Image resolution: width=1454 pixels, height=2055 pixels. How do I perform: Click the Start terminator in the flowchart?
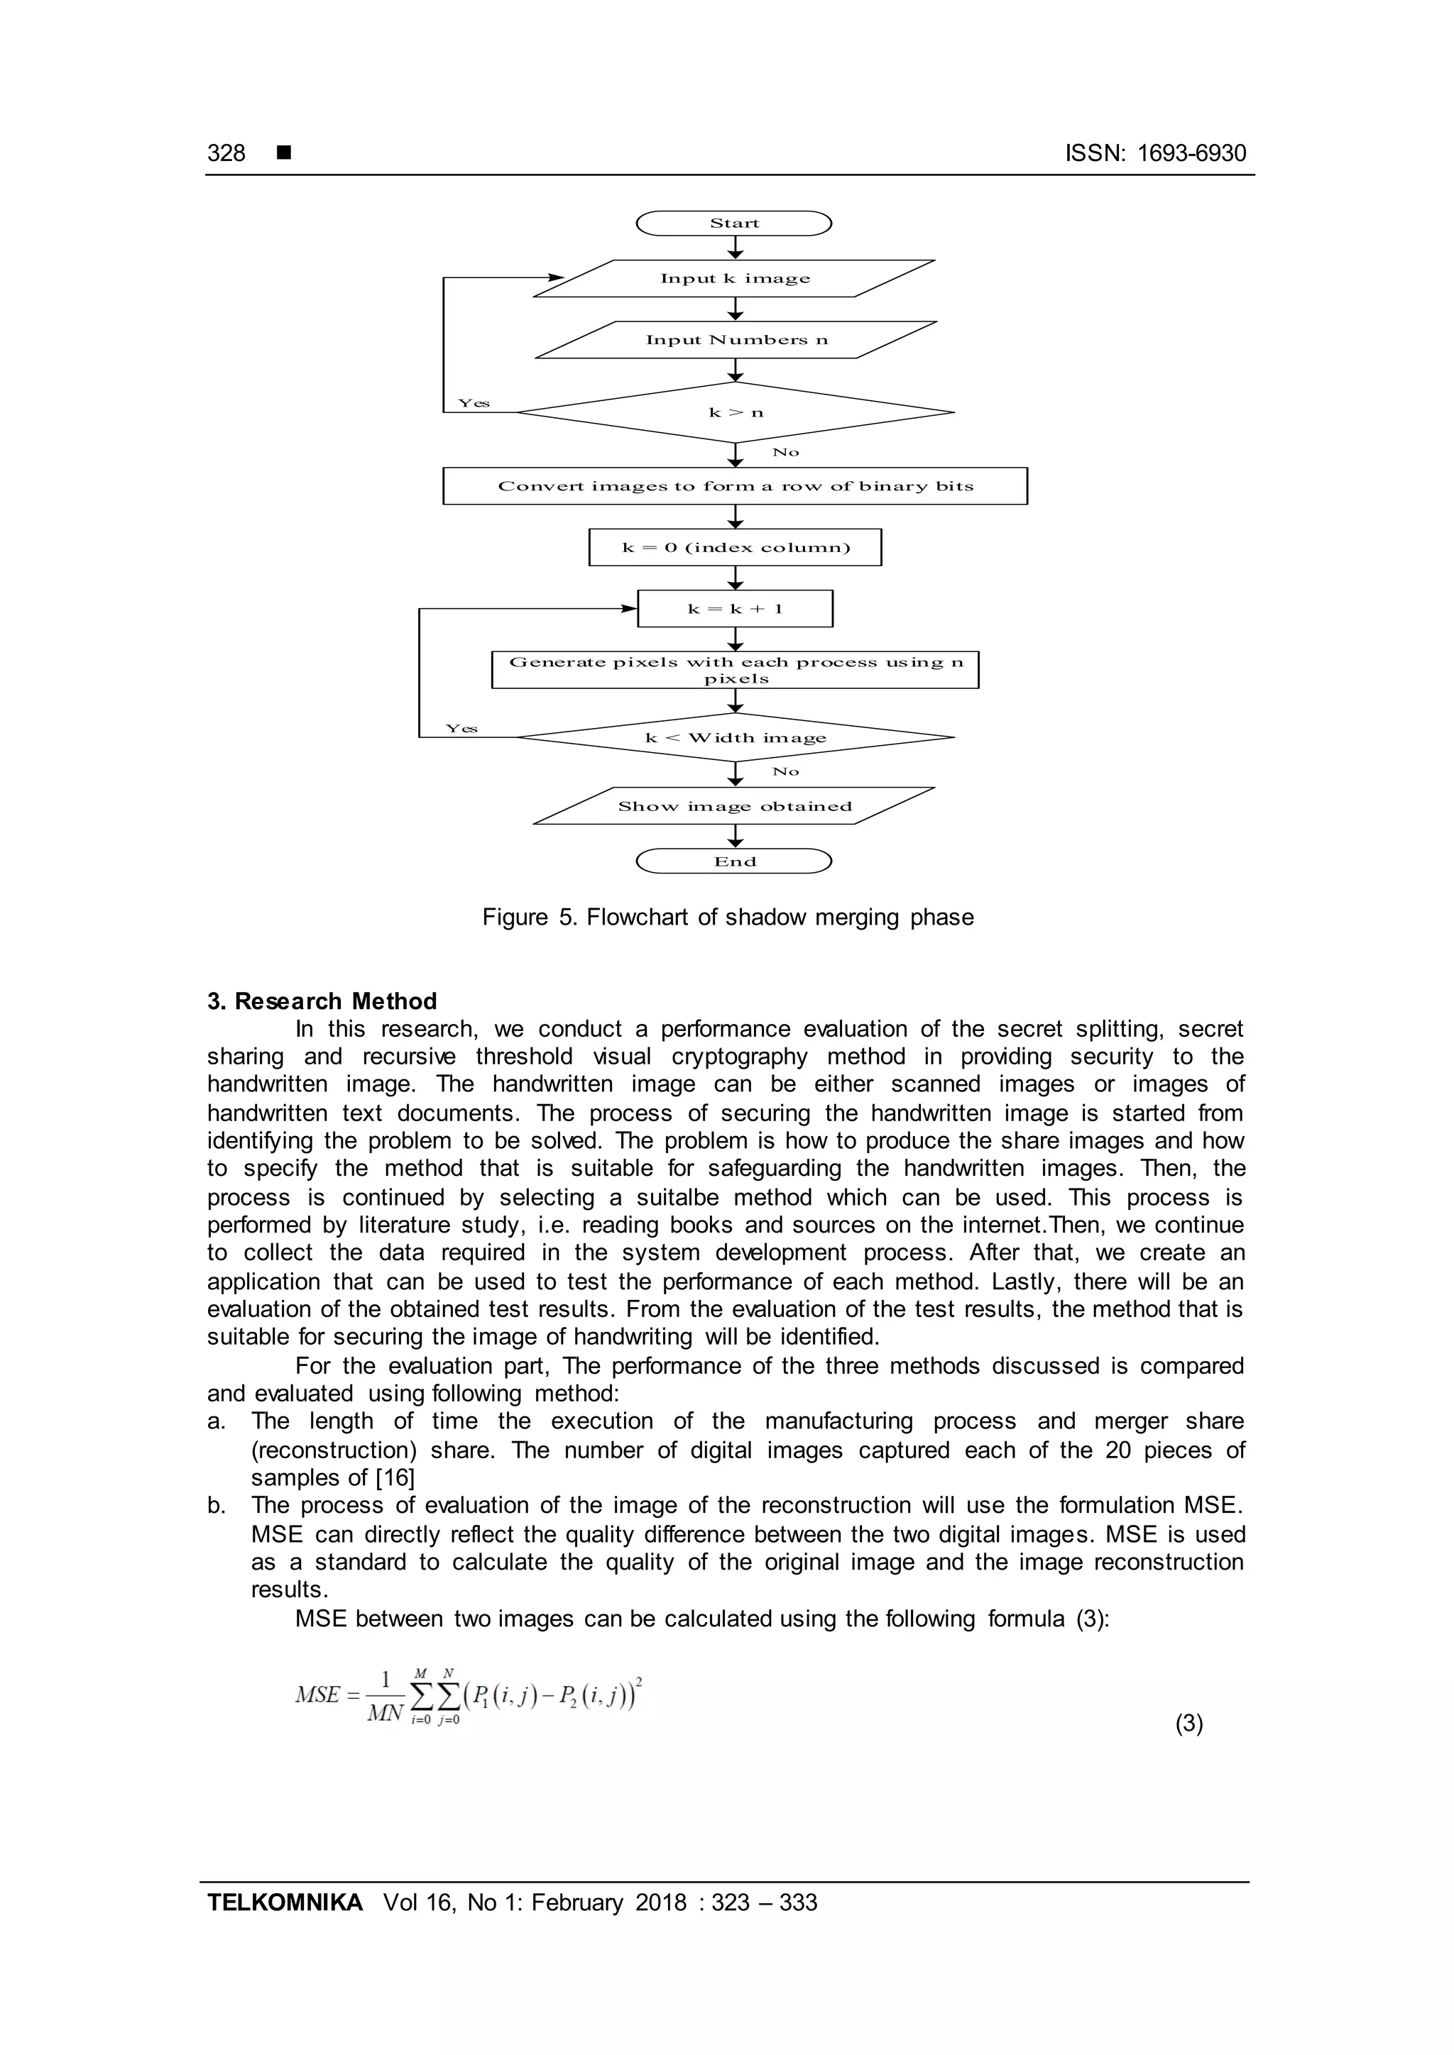click(x=733, y=223)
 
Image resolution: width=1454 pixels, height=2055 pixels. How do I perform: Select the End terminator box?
click(x=733, y=861)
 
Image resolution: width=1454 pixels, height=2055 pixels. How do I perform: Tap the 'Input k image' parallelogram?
click(x=734, y=278)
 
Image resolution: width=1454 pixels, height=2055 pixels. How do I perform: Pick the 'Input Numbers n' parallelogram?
click(x=736, y=340)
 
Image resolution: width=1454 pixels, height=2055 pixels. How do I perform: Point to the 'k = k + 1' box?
click(x=735, y=609)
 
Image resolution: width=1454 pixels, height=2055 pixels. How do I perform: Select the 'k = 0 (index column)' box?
click(x=735, y=548)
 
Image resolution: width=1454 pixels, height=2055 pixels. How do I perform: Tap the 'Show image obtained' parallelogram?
click(x=734, y=805)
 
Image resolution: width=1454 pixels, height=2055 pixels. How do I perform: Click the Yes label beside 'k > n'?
click(x=474, y=403)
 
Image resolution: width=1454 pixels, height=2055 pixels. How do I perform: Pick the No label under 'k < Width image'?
click(x=785, y=771)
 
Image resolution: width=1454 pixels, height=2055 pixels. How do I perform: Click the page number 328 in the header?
click(x=226, y=153)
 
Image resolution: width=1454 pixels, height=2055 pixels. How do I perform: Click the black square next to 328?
click(x=284, y=153)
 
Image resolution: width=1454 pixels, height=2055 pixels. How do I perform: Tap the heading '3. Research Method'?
click(x=322, y=1001)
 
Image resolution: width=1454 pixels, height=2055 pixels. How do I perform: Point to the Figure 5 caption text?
click(x=727, y=918)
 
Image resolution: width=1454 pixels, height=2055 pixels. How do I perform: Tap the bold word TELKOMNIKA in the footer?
click(x=285, y=1902)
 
